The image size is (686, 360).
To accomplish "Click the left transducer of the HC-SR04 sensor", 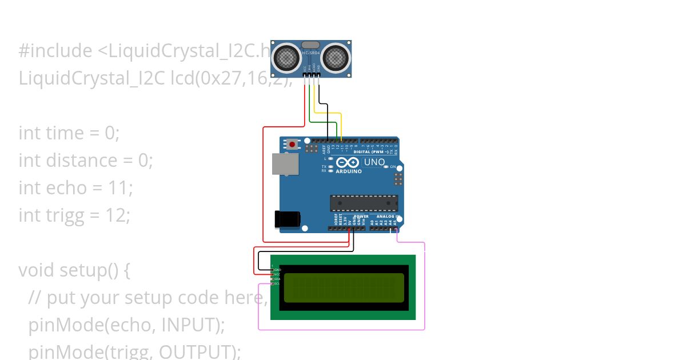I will (286, 58).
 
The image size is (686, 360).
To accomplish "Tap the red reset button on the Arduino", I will (292, 145).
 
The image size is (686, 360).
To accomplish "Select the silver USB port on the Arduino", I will (284, 163).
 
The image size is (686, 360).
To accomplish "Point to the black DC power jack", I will (288, 219).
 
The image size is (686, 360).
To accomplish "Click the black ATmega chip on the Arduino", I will (364, 203).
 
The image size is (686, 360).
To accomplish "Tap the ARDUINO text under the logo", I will (348, 171).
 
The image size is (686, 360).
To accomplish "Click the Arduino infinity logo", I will (348, 162).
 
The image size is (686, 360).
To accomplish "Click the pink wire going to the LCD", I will (424, 286).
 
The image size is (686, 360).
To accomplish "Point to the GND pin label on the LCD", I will (277, 269).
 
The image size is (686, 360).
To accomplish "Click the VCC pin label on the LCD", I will (277, 274).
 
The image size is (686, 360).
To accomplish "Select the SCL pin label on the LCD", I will (277, 283).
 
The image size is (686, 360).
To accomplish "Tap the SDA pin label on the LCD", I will (277, 279).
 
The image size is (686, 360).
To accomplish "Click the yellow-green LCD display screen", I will (344, 287).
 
